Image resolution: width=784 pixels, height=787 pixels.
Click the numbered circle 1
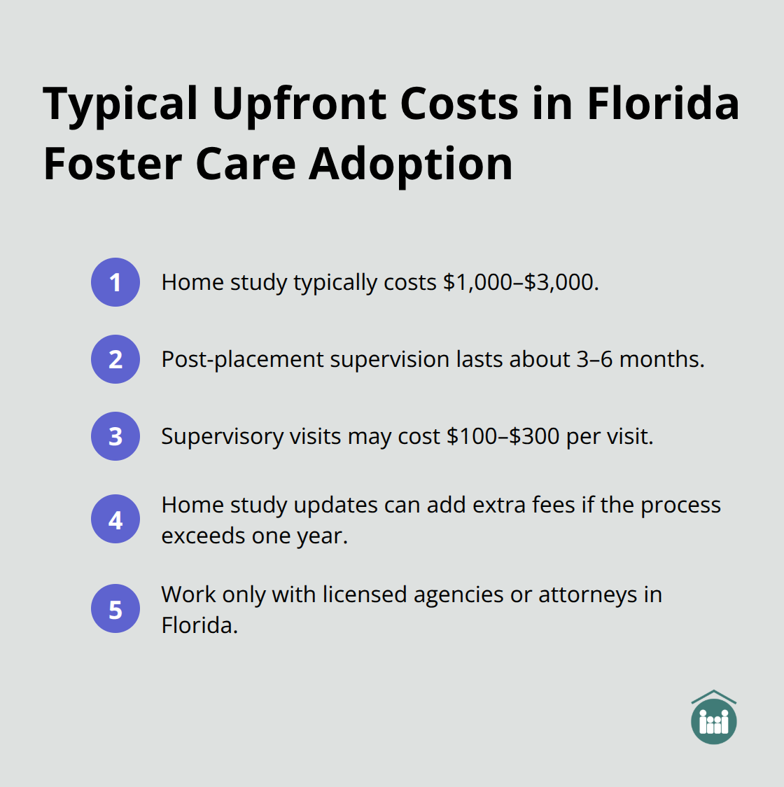(x=115, y=282)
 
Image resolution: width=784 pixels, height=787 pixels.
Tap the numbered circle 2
(x=115, y=359)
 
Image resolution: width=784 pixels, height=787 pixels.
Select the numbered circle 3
(x=115, y=436)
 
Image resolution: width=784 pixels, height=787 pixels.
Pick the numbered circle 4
(x=115, y=520)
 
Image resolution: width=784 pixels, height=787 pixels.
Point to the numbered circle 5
(x=115, y=609)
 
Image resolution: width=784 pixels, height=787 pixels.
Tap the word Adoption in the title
(x=411, y=164)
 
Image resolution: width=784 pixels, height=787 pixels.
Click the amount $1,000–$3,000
(x=520, y=282)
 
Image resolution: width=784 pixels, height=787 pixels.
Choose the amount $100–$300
(x=503, y=436)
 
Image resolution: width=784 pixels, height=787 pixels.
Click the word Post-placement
(x=242, y=359)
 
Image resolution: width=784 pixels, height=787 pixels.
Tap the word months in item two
(x=661, y=359)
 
